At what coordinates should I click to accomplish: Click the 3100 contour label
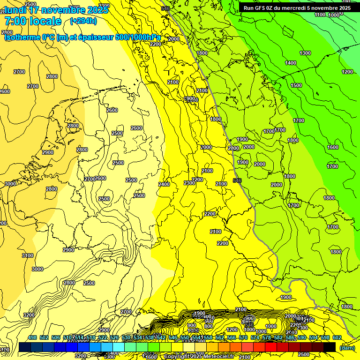pos(28,255)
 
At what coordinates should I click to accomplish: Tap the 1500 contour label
pos(296,85)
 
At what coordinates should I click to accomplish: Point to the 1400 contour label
pos(291,63)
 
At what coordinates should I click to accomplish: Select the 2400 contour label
pos(164,184)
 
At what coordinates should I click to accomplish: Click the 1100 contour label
pos(320,15)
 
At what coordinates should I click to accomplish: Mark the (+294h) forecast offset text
pos(83,21)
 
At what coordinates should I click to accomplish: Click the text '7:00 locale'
pos(33,21)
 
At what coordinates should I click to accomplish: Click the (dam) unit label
pos(347,347)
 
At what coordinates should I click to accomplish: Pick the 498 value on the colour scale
pos(32,337)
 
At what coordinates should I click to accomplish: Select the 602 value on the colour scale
pos(337,337)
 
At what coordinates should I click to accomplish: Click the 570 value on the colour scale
pos(243,337)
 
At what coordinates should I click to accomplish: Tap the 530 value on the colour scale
pos(126,337)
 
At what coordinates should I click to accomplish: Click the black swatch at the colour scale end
pos(330,347)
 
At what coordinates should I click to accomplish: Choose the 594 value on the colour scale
pos(314,337)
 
